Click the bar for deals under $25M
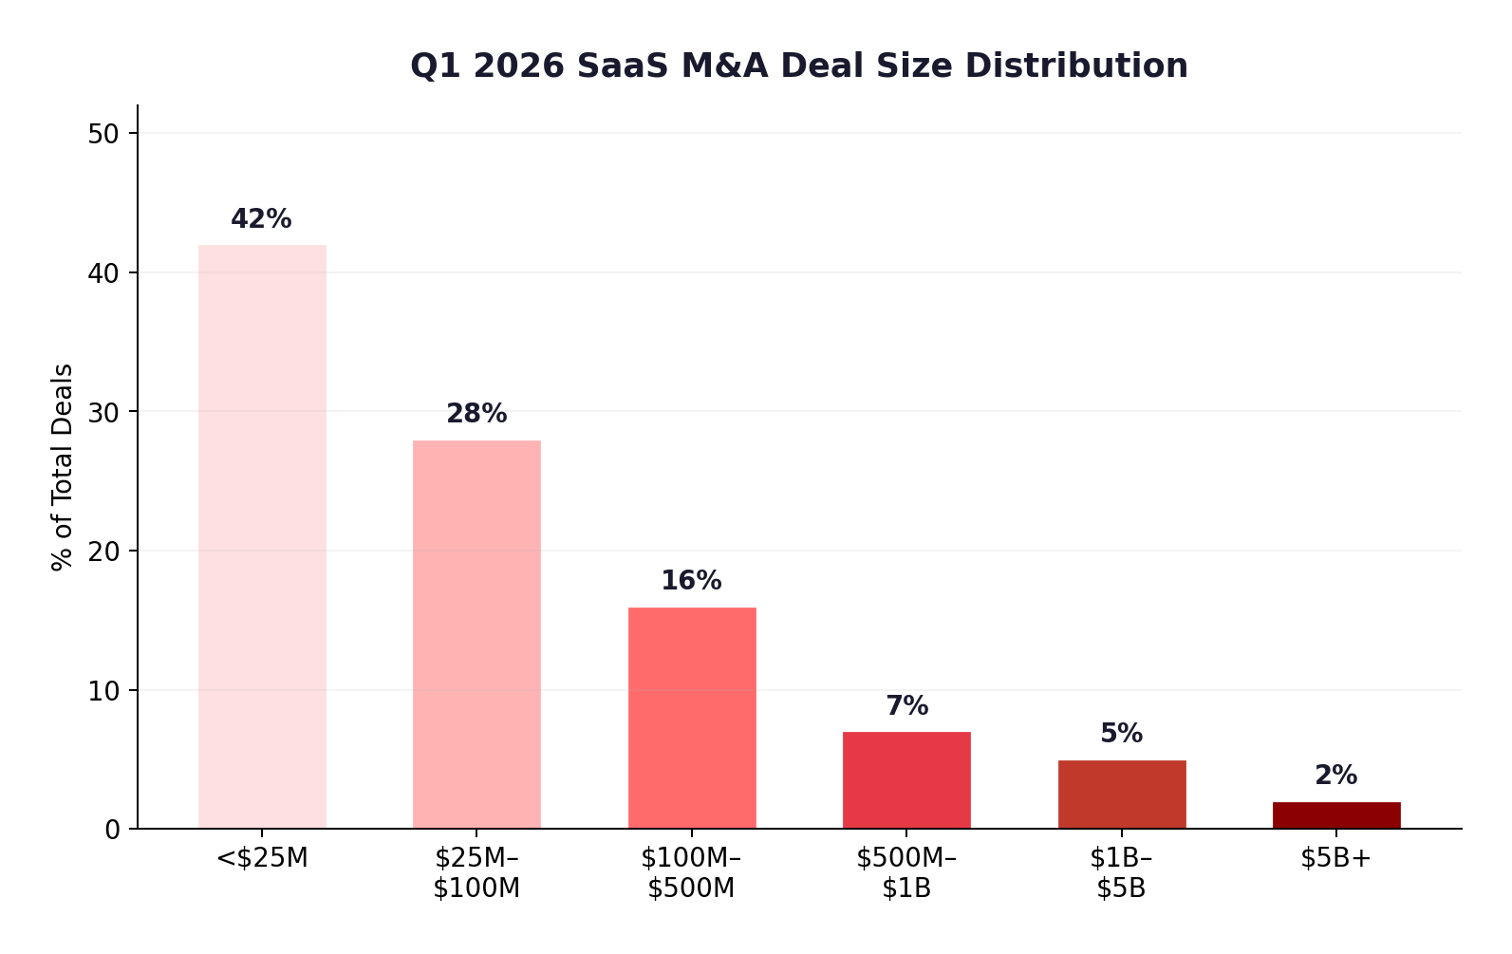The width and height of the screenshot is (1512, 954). coord(262,536)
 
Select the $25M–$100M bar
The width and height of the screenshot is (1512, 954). coord(476,634)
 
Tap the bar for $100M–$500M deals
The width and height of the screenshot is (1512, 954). coord(692,718)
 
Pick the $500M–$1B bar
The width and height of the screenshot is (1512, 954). coord(906,780)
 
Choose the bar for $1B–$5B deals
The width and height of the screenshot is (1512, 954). coord(1122,795)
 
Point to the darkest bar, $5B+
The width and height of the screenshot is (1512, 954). coord(1336,815)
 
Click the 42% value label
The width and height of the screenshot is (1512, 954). coord(261,219)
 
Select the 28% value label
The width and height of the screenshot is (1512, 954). coord(476,414)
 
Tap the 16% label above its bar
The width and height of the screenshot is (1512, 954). coord(691,581)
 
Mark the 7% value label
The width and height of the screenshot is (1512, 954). coord(906,706)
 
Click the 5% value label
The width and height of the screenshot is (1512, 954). coord(1121,734)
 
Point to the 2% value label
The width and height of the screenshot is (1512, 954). coord(1335,776)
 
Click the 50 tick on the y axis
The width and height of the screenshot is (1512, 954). coord(103,134)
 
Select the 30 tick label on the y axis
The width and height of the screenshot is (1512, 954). coord(103,412)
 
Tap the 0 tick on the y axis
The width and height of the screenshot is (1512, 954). coord(113,830)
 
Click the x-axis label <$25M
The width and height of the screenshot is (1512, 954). coord(262,858)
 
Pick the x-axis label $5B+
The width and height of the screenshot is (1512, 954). coord(1335,858)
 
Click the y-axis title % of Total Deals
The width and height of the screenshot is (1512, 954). coord(63,467)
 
